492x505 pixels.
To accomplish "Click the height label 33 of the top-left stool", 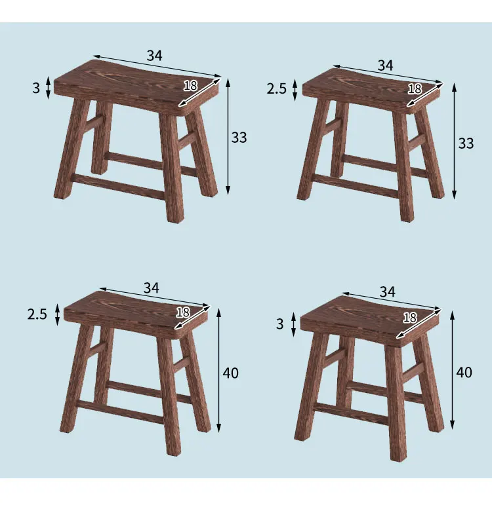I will pyautogui.click(x=239, y=138).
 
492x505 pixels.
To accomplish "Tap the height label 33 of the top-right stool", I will pyautogui.click(x=465, y=143).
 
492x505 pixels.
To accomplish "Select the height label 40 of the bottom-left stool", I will pyautogui.click(x=230, y=373).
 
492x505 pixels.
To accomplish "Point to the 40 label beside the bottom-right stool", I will pyautogui.click(x=464, y=373).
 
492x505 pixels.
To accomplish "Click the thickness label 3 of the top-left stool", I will pyautogui.click(x=36, y=88).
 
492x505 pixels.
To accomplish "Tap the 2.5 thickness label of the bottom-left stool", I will pyautogui.click(x=37, y=314).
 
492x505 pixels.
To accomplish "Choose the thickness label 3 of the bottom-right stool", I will pyautogui.click(x=280, y=324).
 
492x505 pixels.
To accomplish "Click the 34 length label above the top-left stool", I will pyautogui.click(x=154, y=56).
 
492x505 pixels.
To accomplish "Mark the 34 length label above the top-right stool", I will pyautogui.click(x=385, y=65).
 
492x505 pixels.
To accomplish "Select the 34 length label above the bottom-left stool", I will pyautogui.click(x=152, y=288).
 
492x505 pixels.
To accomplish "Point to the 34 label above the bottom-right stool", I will pyautogui.click(x=388, y=291).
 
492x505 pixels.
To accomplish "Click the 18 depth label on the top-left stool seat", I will pyautogui.click(x=190, y=85).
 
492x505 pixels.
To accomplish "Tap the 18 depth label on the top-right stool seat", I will pyautogui.click(x=415, y=89).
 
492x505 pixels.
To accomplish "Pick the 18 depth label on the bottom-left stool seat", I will pyautogui.click(x=183, y=312).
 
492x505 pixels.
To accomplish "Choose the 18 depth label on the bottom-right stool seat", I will pyautogui.click(x=410, y=318).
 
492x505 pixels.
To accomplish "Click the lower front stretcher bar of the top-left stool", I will pyautogui.click(x=118, y=187).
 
